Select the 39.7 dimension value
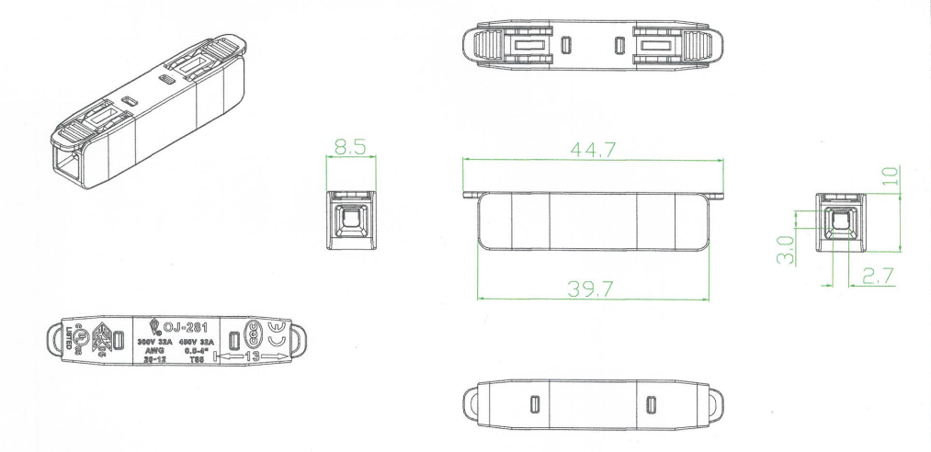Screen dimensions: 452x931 point(594,288)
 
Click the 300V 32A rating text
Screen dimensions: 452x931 point(155,341)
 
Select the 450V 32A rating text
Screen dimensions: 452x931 point(196,341)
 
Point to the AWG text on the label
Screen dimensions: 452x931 point(154,350)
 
